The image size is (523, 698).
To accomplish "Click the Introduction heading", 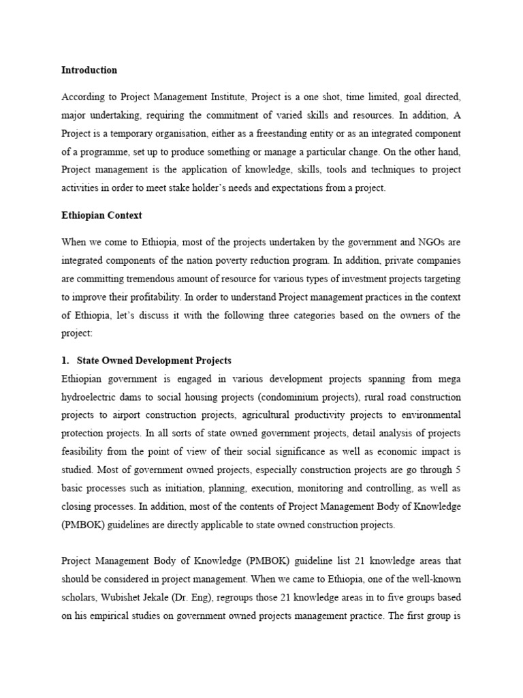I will [89, 70].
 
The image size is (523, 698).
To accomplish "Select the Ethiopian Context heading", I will [101, 215].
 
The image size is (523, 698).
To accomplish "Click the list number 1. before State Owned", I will [66, 361].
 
